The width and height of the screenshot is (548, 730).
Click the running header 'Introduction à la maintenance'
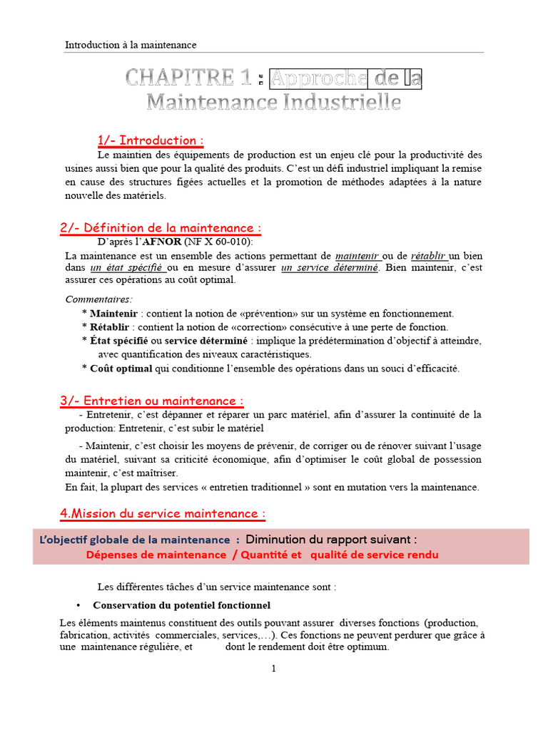point(131,45)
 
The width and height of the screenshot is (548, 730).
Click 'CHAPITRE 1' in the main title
point(188,78)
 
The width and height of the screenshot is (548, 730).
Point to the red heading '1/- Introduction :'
point(151,140)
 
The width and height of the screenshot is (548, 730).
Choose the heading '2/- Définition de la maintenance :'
point(161,228)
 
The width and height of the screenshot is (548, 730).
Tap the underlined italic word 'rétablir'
point(428,255)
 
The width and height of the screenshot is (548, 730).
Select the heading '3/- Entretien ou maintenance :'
point(152,401)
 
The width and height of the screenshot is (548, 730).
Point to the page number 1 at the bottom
point(273,669)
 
